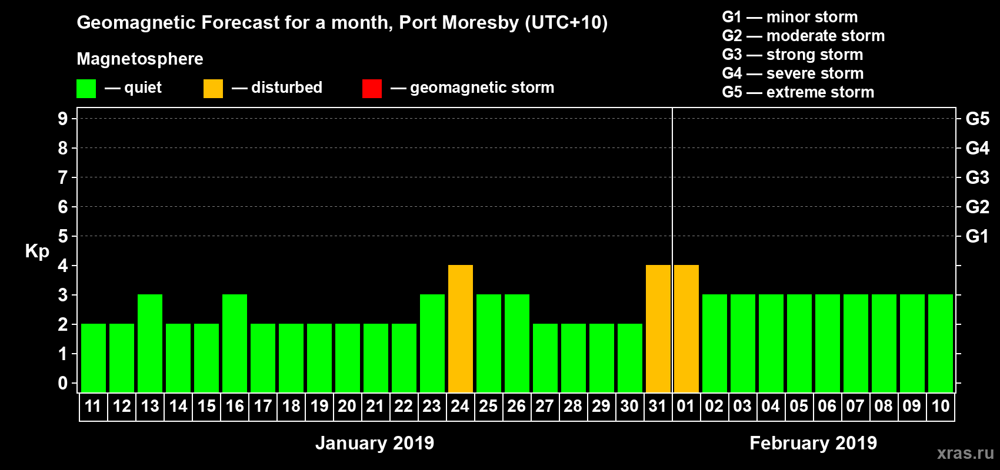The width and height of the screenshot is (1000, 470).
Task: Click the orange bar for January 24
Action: [x=460, y=328]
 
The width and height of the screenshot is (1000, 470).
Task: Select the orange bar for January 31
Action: [x=658, y=328]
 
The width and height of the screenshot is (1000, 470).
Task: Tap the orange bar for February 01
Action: [x=686, y=328]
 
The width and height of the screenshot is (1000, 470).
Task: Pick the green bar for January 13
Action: [x=149, y=343]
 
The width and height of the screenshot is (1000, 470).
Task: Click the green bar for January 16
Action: [x=234, y=343]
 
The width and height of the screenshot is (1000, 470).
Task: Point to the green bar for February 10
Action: [x=940, y=343]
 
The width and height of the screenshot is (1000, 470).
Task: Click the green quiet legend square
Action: [x=86, y=89]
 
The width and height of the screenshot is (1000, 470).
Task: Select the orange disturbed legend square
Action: [x=213, y=89]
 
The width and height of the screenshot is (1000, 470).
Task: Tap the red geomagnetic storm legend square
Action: [x=372, y=89]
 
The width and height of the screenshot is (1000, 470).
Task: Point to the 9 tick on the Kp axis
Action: [x=63, y=119]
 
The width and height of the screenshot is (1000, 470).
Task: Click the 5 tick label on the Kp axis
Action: [x=63, y=236]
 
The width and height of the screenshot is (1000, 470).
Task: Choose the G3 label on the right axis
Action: [x=977, y=177]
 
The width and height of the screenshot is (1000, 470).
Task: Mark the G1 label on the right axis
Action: [x=977, y=236]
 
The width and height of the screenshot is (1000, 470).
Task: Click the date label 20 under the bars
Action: [x=347, y=406]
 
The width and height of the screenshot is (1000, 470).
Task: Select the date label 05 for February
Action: [x=799, y=406]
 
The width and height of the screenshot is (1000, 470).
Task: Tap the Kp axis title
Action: [x=37, y=251]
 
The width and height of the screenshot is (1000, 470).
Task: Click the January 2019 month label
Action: [x=375, y=443]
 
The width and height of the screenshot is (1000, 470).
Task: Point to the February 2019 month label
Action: [x=813, y=443]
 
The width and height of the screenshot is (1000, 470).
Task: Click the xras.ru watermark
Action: [x=965, y=453]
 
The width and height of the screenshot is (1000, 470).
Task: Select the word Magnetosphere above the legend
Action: [x=140, y=59]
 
